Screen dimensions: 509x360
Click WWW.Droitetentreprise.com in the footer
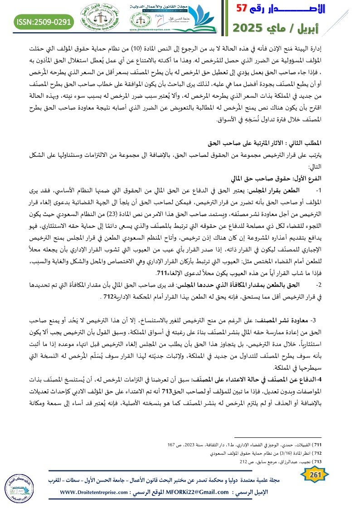[x=94, y=492]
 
